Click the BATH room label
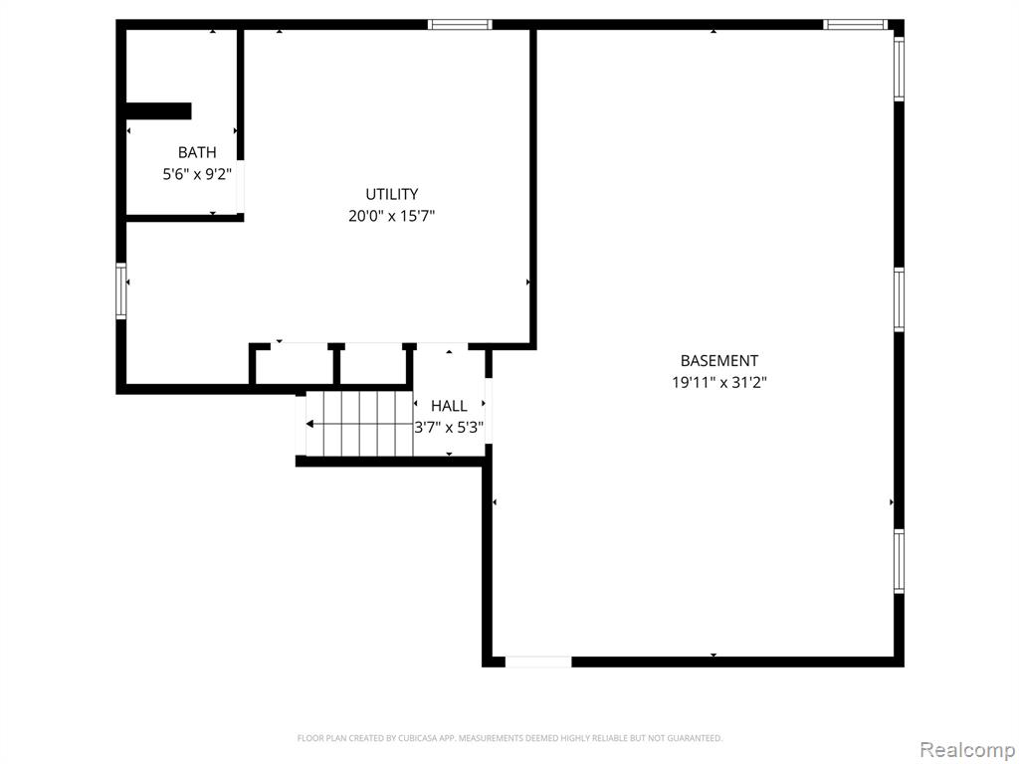point(197,152)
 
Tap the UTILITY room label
point(391,194)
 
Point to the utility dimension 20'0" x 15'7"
point(391,215)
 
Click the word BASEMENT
point(718,361)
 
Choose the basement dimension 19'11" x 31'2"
point(718,382)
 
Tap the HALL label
point(449,406)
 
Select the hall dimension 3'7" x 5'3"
point(449,428)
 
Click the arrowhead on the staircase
point(310,424)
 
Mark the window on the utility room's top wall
point(460,25)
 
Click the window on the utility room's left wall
point(121,290)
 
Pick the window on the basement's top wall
point(855,25)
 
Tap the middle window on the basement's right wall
point(899,299)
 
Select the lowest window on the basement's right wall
point(899,561)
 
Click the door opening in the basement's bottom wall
point(538,661)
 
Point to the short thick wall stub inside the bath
point(158,111)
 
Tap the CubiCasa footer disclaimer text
point(509,738)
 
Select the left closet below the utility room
point(293,364)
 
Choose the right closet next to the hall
point(373,364)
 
